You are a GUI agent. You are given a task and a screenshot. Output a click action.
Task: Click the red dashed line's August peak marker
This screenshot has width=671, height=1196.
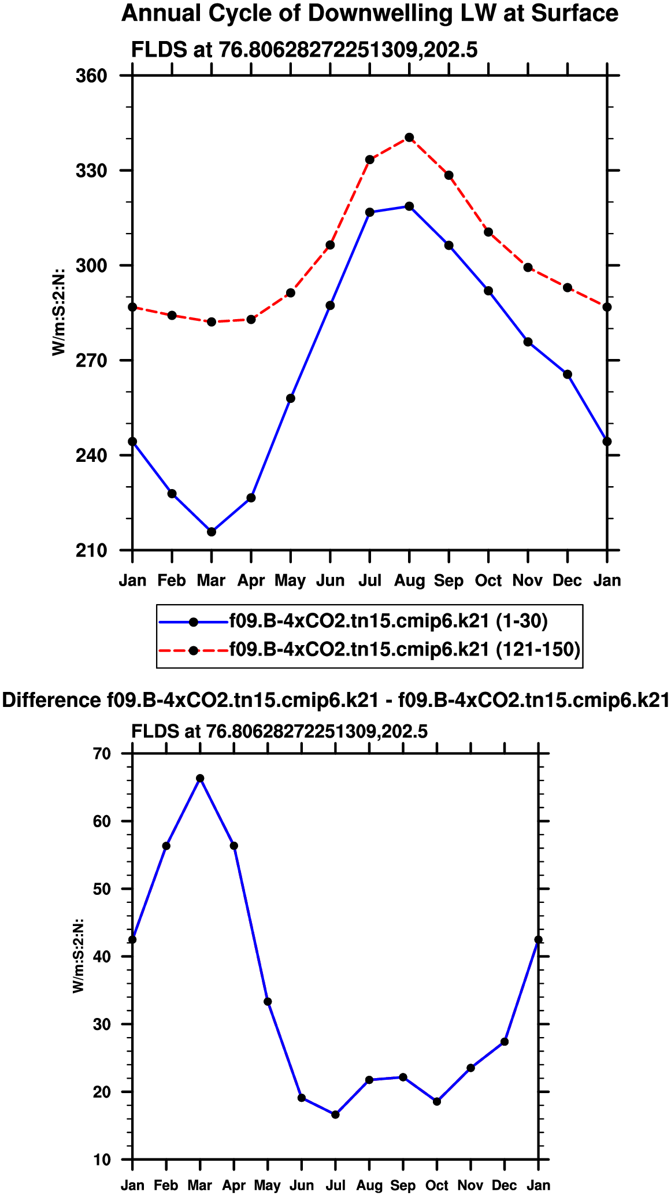pos(409,138)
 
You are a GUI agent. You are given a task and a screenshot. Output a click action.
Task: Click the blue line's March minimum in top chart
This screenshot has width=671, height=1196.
pos(212,532)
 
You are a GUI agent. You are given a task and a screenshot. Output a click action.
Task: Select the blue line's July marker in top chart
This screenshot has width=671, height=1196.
pos(370,212)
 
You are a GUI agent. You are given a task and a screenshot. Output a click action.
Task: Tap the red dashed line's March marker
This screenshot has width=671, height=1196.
pos(212,322)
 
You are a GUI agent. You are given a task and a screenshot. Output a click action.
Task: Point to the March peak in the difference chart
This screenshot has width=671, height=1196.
pos(200,779)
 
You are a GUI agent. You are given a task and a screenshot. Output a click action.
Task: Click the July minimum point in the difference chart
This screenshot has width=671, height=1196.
pos(335,1114)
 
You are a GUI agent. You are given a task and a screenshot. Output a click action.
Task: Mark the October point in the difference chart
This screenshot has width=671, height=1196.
pos(437,1102)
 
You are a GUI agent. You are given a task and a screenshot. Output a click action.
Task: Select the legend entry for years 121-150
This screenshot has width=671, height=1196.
pos(405,650)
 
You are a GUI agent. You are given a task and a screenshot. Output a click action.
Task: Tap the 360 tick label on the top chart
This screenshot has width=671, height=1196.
pos(92,76)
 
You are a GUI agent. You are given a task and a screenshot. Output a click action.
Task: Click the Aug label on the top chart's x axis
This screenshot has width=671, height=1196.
pos(409,580)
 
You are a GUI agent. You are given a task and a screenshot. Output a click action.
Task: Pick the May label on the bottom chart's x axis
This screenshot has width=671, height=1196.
pos(268,1186)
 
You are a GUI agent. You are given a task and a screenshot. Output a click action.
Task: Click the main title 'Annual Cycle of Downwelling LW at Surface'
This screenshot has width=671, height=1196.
pos(370,14)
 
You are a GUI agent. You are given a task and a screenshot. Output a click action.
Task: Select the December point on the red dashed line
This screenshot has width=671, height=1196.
pos(568,288)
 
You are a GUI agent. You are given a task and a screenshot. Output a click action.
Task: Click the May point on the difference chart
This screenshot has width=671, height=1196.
pos(268,1002)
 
